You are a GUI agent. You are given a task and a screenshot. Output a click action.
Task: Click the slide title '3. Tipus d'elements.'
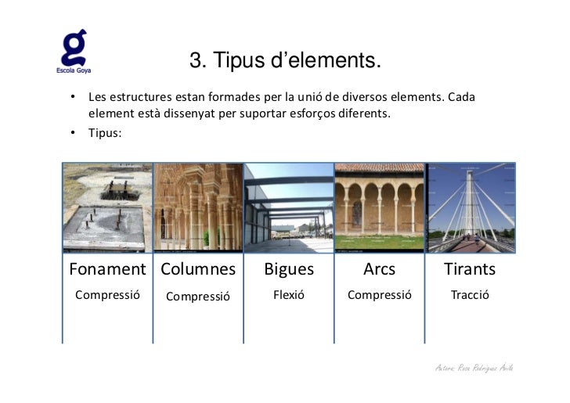point(285,60)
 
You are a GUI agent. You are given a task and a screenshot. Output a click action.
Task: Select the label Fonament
point(107,269)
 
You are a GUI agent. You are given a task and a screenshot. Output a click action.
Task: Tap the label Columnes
point(198,269)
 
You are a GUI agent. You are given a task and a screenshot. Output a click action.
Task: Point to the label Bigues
point(289,269)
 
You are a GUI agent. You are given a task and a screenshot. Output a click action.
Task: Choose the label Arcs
point(379,269)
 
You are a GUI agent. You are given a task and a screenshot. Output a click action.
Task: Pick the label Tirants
point(470,269)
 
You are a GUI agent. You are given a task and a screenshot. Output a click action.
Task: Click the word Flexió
point(288,295)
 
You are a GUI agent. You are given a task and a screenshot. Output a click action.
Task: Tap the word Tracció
point(470,295)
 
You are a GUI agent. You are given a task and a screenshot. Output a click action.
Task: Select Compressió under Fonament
point(107,295)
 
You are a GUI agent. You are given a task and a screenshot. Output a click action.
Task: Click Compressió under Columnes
point(198,297)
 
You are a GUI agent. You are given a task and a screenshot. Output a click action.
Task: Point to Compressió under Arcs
point(379,295)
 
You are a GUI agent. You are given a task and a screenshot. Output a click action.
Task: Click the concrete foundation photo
point(108,207)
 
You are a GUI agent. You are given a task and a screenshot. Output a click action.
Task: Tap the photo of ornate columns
point(198,207)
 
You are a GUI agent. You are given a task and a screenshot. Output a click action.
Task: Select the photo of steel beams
point(289,207)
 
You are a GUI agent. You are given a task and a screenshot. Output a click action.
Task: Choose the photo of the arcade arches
point(380,207)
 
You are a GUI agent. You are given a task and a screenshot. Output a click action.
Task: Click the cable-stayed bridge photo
point(471,207)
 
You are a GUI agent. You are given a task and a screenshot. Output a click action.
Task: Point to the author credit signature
point(474,368)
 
